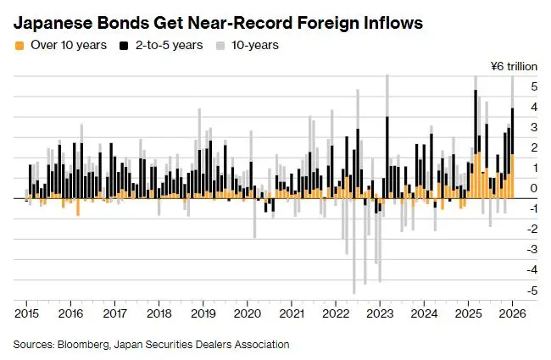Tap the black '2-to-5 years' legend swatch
(x=122, y=45)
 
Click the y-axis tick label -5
(x=532, y=291)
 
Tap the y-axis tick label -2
(x=532, y=229)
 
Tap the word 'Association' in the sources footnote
(x=260, y=345)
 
